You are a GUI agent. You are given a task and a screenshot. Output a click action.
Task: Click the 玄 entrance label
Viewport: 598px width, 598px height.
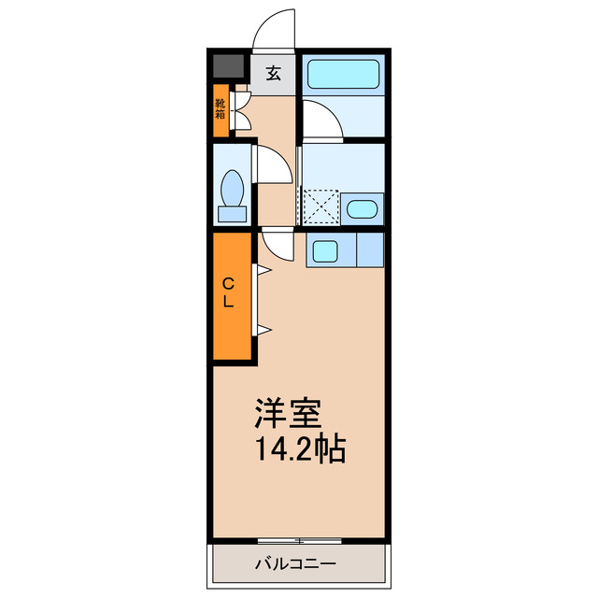273,74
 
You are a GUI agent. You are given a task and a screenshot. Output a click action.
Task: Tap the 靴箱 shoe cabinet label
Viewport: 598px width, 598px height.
221,109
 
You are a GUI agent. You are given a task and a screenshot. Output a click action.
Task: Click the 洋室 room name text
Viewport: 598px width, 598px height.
289,413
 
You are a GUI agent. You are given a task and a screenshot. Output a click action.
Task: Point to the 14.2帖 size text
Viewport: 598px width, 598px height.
300,450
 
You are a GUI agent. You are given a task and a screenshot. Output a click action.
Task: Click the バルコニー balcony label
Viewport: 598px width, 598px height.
295,564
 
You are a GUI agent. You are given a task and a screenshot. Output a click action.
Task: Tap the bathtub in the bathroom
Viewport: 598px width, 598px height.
342,73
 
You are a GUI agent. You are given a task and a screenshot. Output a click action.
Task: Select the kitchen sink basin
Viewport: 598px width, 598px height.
326,249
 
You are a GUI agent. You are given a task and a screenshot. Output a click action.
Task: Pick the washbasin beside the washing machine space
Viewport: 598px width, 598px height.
361,208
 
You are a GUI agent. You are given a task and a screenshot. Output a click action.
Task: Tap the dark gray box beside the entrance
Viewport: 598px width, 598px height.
226,67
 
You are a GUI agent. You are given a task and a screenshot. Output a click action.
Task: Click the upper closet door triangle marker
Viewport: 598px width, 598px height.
263,272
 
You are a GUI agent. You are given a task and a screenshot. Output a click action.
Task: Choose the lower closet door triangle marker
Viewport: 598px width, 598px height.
263,329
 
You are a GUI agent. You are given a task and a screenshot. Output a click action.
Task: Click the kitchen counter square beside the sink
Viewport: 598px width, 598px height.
370,249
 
